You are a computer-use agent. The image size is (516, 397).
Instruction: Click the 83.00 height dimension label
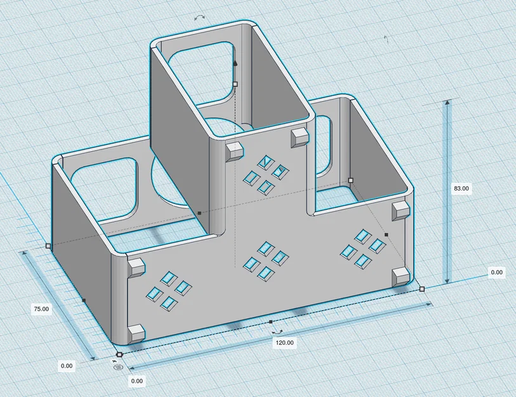(461, 189)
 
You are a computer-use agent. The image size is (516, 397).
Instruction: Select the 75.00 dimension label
(41, 309)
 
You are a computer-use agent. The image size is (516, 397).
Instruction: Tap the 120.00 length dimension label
(284, 342)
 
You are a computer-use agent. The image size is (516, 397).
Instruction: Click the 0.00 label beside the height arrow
(496, 272)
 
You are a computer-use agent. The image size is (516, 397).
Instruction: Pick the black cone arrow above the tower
(235, 63)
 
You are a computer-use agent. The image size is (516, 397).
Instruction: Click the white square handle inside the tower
(235, 84)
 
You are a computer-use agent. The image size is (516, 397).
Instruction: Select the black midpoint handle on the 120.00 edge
(271, 321)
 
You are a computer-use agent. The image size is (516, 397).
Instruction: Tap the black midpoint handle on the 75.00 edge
(84, 300)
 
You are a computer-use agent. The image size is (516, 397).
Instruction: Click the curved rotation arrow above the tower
(199, 17)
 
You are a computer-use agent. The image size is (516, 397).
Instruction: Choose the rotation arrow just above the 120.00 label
(278, 332)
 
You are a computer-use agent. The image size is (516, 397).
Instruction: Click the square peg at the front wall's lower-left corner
(136, 333)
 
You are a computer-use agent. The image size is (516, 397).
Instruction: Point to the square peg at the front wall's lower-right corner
(401, 276)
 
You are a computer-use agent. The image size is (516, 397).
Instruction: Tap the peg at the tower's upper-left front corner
(234, 151)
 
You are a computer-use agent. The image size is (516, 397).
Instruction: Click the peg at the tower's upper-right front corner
(300, 137)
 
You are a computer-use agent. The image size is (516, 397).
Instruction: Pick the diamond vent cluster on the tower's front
(266, 175)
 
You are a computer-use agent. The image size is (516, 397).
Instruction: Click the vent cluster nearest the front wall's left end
(168, 290)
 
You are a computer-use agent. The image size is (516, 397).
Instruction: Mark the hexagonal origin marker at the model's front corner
(119, 354)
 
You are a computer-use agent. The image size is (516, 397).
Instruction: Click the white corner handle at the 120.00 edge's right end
(422, 289)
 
